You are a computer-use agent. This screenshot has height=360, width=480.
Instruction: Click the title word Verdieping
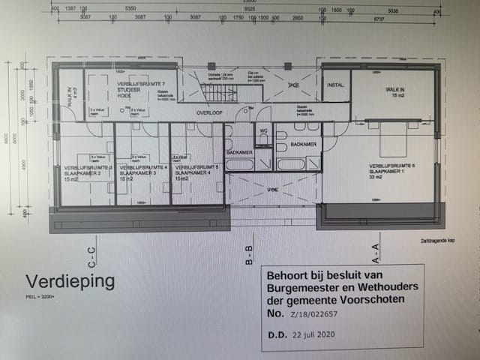tap(70, 282)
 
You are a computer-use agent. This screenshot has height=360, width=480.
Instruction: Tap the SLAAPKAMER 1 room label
tap(386, 171)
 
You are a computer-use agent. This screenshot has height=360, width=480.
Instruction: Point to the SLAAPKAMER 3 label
tap(136, 172)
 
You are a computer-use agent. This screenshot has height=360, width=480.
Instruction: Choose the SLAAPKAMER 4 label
tap(193, 172)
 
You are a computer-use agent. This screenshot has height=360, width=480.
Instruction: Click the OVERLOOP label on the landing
tap(211, 112)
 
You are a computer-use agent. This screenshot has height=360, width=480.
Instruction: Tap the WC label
tap(262, 130)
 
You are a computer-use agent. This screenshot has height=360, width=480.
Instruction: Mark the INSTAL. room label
tap(335, 85)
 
